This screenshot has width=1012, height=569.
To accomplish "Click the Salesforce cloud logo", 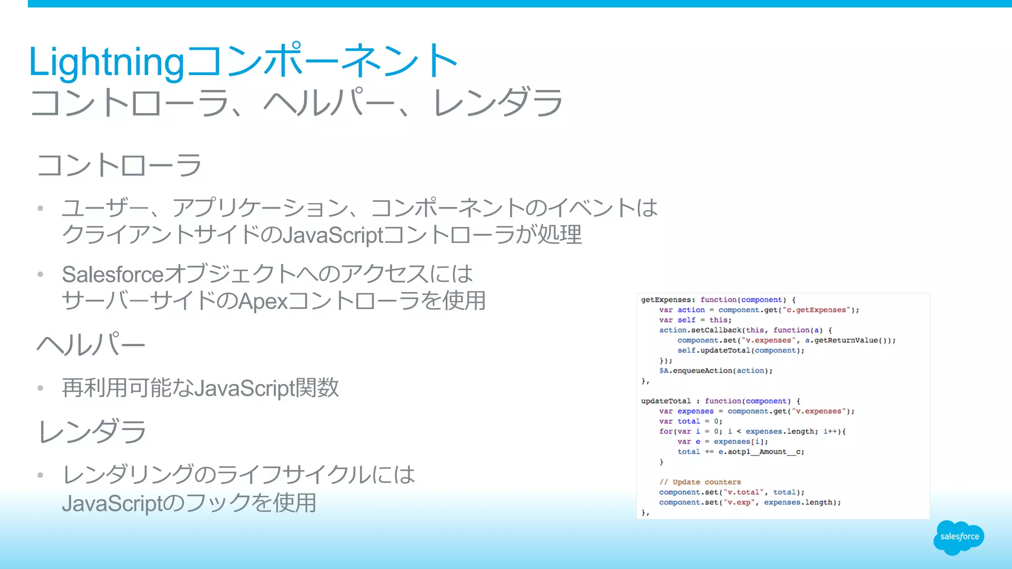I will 959,537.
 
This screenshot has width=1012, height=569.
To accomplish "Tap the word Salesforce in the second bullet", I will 113,275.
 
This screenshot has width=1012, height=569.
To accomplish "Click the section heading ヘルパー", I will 91,344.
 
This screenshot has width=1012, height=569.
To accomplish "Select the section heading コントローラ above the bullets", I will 119,165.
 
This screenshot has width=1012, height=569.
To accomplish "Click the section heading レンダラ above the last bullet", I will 92,431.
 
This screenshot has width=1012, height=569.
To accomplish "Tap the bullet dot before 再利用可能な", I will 41,388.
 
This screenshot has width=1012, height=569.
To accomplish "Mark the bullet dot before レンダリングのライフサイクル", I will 41,475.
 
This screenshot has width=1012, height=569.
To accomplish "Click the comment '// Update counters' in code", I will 700,482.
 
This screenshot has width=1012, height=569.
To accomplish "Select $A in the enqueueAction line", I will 664,371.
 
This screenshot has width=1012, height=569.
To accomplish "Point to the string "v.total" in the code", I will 744,492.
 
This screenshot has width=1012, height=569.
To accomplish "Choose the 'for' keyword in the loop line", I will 666,432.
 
